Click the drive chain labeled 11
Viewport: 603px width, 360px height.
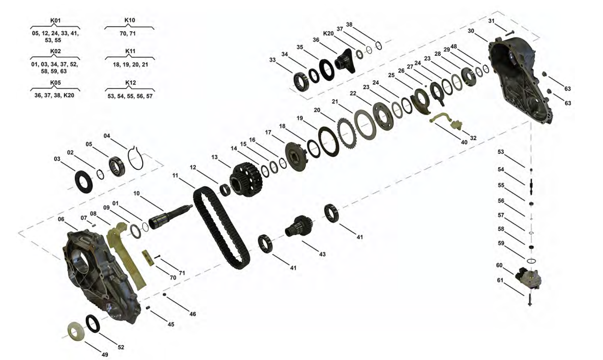[x=221, y=228]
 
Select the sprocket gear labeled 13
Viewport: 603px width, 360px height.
[x=245, y=179]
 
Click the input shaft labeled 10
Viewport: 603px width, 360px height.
[x=170, y=218]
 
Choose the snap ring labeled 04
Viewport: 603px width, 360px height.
[x=136, y=157]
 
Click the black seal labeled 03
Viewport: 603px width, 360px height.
[x=83, y=183]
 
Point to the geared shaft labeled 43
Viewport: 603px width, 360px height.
[x=300, y=228]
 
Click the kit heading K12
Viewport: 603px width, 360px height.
[x=131, y=83]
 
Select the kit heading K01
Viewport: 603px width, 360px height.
[x=55, y=20]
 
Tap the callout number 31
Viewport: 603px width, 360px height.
[x=491, y=21]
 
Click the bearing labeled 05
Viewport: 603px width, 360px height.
[x=117, y=167]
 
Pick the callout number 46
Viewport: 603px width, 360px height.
[x=193, y=314]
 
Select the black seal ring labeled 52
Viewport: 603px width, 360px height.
[x=93, y=324]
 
